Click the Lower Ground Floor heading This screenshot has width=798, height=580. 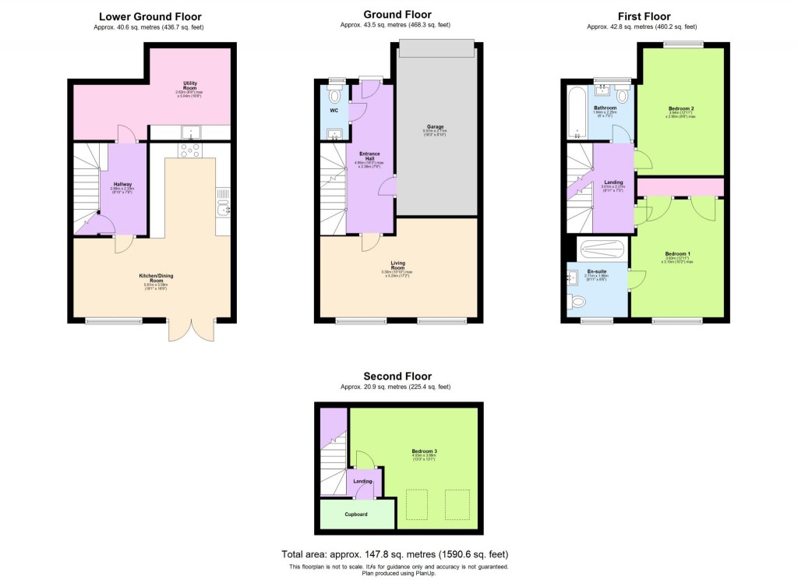pos(150,16)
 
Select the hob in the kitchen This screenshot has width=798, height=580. pos(189,150)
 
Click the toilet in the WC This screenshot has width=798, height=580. pos(335,96)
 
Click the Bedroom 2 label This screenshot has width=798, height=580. pos(680,108)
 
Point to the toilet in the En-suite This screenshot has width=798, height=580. pos(577,302)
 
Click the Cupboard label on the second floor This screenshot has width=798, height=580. pos(356,515)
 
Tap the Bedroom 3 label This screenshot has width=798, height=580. pos(425,451)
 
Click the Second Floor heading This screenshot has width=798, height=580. pos(396,377)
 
